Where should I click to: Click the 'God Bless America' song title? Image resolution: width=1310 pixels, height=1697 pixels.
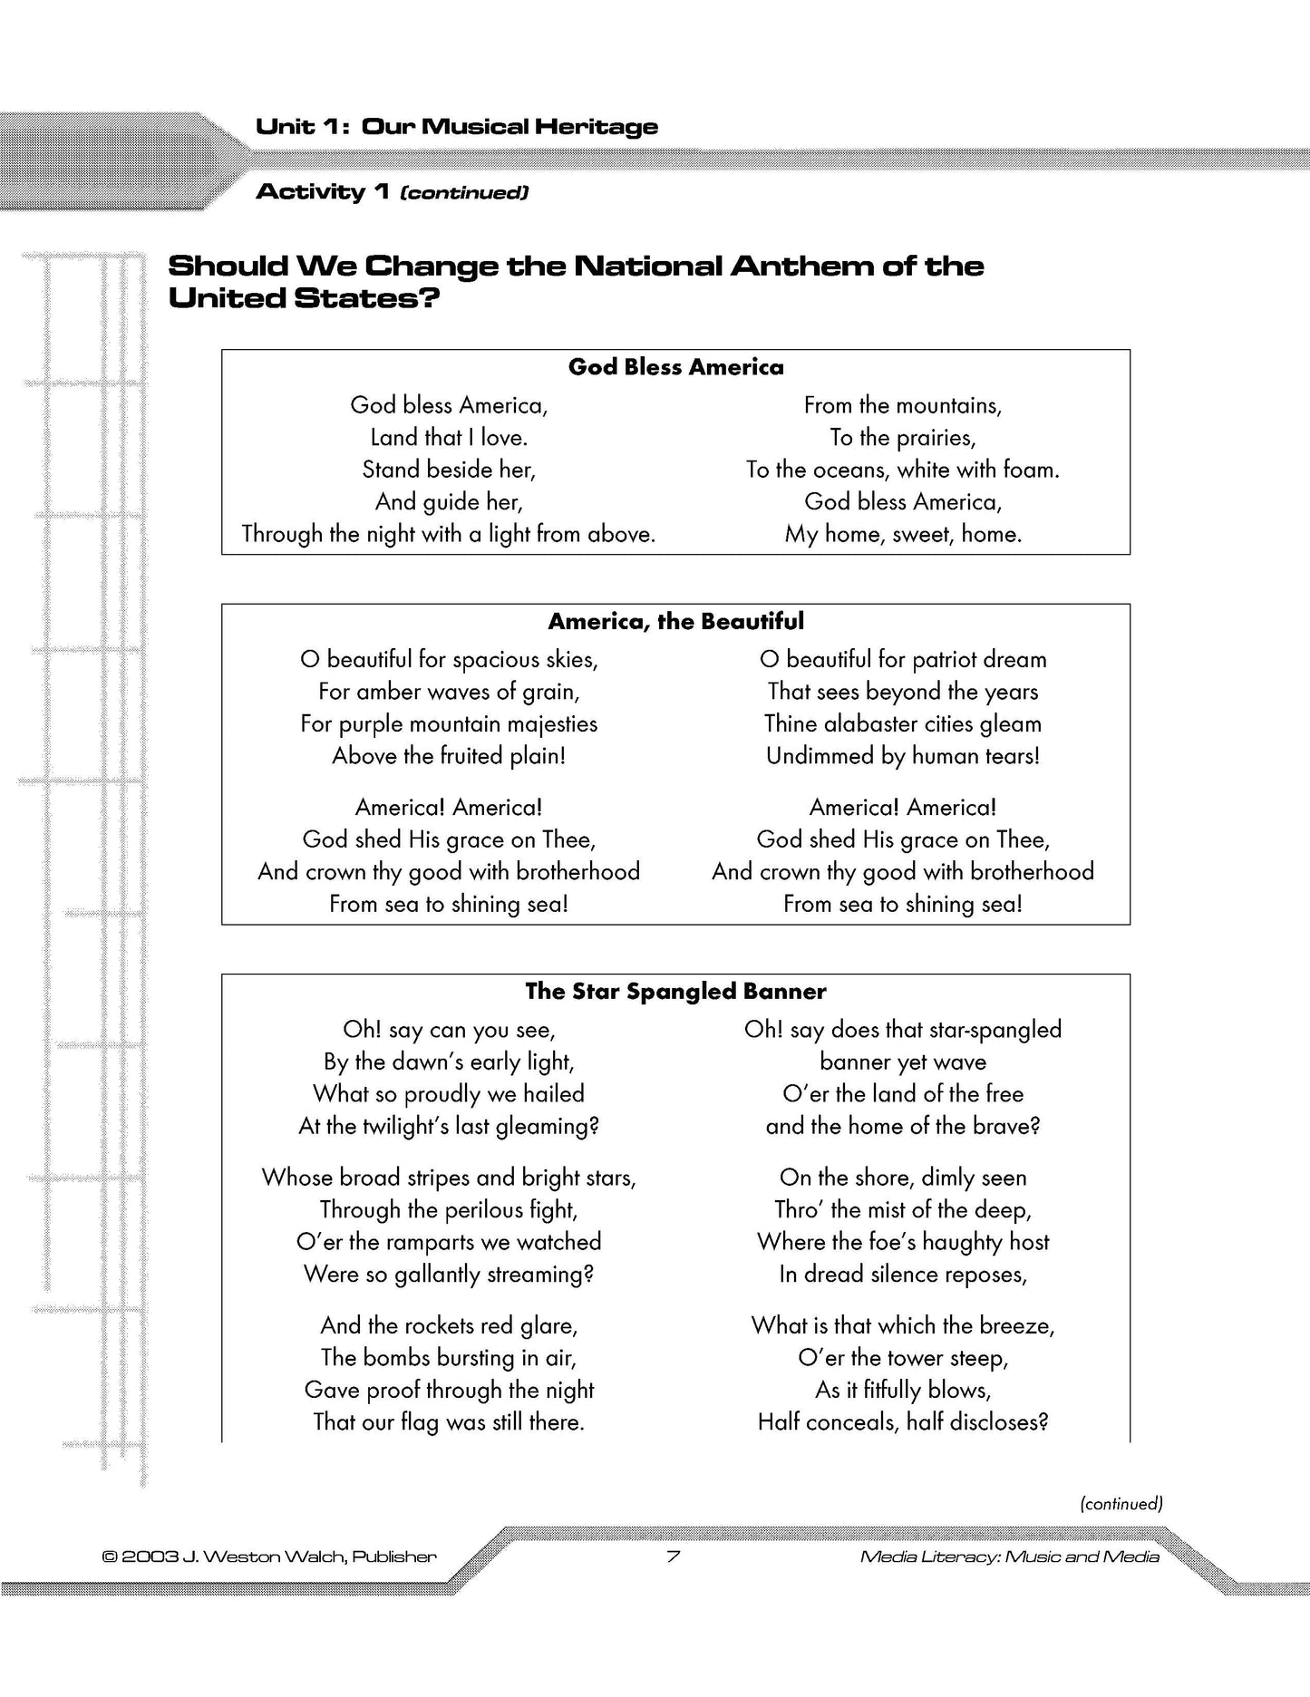pyautogui.click(x=675, y=367)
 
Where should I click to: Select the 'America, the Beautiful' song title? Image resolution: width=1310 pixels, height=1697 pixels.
pyautogui.click(x=675, y=622)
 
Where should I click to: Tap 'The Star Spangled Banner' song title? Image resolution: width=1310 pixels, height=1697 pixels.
pyautogui.click(x=675, y=992)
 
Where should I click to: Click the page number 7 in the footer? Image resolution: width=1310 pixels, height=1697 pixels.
pyautogui.click(x=673, y=1557)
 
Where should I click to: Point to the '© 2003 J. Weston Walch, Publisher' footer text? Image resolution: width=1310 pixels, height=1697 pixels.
pyautogui.click(x=270, y=1557)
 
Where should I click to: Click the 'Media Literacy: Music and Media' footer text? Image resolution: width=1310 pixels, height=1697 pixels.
pyautogui.click(x=1009, y=1557)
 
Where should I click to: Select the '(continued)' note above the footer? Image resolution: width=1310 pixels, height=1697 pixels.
pyautogui.click(x=1121, y=1504)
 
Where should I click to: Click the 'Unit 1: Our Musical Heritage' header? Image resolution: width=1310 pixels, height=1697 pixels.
pyautogui.click(x=457, y=127)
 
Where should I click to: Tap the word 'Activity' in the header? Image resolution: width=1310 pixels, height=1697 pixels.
pyautogui.click(x=310, y=192)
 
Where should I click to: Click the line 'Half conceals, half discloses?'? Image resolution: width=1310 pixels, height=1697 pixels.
pyautogui.click(x=903, y=1422)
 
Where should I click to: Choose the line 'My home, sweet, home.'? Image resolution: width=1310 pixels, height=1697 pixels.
pyautogui.click(x=903, y=535)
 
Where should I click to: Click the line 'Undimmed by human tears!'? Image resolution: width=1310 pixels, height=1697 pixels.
pyautogui.click(x=903, y=756)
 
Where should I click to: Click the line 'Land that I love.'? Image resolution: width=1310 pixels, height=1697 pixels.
pyautogui.click(x=449, y=438)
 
